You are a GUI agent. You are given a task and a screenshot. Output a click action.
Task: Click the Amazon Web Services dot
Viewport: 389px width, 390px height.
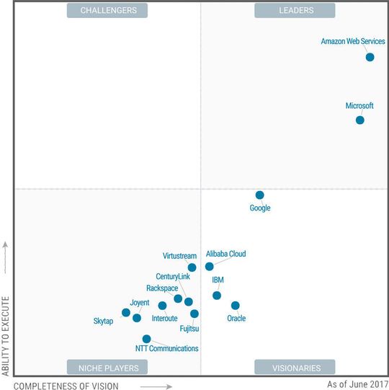370,57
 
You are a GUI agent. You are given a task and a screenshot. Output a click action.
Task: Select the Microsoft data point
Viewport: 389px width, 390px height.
359,120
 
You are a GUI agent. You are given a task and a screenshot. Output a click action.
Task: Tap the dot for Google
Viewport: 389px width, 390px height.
259,195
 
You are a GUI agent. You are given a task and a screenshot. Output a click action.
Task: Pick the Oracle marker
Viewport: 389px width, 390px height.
235,305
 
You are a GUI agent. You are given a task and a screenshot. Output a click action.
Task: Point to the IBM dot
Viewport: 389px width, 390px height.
217,295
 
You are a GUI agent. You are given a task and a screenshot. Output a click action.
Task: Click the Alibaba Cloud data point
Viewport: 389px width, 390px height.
209,266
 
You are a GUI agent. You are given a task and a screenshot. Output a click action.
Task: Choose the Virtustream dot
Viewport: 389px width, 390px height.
192,267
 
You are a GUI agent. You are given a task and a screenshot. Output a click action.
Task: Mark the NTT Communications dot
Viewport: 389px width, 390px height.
146,338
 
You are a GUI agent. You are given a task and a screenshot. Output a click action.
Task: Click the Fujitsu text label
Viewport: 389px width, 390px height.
189,329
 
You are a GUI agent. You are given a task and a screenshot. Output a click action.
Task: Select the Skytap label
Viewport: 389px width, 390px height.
103,321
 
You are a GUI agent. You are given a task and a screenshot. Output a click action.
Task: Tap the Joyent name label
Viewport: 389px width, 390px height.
140,303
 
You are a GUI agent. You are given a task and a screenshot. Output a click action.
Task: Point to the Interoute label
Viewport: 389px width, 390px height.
165,318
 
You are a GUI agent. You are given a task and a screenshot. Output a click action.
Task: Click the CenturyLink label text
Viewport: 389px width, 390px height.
173,277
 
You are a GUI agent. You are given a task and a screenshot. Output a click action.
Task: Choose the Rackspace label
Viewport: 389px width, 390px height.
161,288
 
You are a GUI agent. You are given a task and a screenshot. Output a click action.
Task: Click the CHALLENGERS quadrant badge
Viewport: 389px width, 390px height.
107,10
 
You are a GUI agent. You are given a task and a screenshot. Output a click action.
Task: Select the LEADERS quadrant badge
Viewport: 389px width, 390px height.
296,10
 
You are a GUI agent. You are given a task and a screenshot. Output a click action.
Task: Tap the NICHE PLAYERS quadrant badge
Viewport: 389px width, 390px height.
107,368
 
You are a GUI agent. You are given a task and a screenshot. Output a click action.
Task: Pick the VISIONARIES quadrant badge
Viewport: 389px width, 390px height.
296,368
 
